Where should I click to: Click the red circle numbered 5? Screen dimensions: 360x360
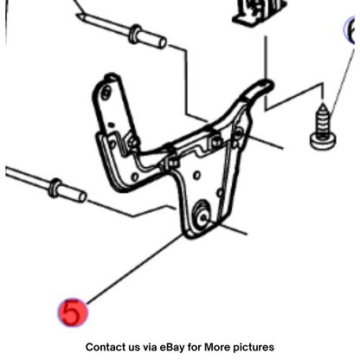(73, 312)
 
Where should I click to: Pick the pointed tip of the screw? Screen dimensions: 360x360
(323, 103)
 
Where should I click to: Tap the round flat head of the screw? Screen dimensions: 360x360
(323, 141)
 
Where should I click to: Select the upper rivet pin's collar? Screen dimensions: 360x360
(135, 34)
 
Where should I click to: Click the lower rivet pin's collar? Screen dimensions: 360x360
(55, 188)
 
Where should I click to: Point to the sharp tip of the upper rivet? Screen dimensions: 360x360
(78, 16)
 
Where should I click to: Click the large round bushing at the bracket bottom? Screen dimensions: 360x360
(202, 215)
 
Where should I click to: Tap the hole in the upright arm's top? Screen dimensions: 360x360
(106, 93)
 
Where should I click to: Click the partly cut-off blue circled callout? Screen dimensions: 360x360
(350, 30)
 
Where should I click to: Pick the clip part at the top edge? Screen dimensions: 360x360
(259, 12)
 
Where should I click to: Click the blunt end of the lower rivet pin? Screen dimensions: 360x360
(82, 196)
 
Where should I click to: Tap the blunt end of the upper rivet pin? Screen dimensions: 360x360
(162, 42)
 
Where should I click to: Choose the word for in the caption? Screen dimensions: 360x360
(195, 347)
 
